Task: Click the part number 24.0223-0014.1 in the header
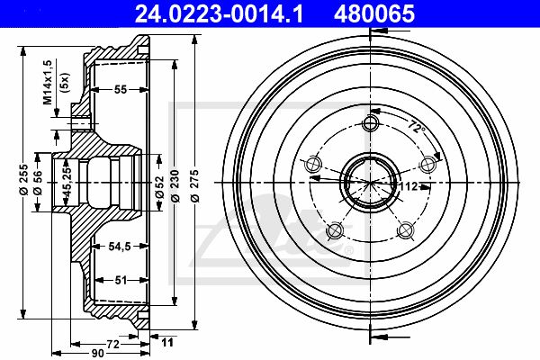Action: click(219, 14)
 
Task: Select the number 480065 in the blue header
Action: click(374, 14)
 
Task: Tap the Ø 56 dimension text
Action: click(38, 182)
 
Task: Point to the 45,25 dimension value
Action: click(67, 182)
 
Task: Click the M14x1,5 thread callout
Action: click(47, 82)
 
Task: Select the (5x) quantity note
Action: click(65, 82)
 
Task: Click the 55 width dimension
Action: click(121, 90)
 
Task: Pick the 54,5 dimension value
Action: click(120, 247)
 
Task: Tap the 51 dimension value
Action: click(121, 280)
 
